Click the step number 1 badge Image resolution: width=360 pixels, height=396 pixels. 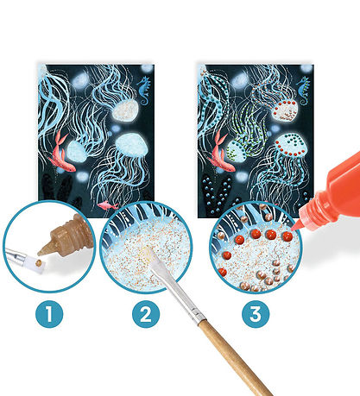pos(49,314)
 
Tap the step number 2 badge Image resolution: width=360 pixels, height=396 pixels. pos(146,314)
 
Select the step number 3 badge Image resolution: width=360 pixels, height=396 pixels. pos(256,314)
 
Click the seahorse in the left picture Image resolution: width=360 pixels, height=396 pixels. pos(144,91)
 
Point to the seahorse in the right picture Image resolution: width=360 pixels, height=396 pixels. pos(303,91)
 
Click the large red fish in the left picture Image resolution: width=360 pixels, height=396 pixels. pos(61,152)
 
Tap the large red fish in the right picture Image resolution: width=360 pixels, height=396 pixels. pos(221,152)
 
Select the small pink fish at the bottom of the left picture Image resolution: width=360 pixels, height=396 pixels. pos(108,205)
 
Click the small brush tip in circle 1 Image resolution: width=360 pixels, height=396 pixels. pos(40,264)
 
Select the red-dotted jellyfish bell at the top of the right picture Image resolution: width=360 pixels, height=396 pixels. pos(285,110)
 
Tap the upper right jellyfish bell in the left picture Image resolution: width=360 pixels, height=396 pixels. pos(124,110)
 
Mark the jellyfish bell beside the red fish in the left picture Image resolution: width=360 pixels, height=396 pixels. pos(77,151)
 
